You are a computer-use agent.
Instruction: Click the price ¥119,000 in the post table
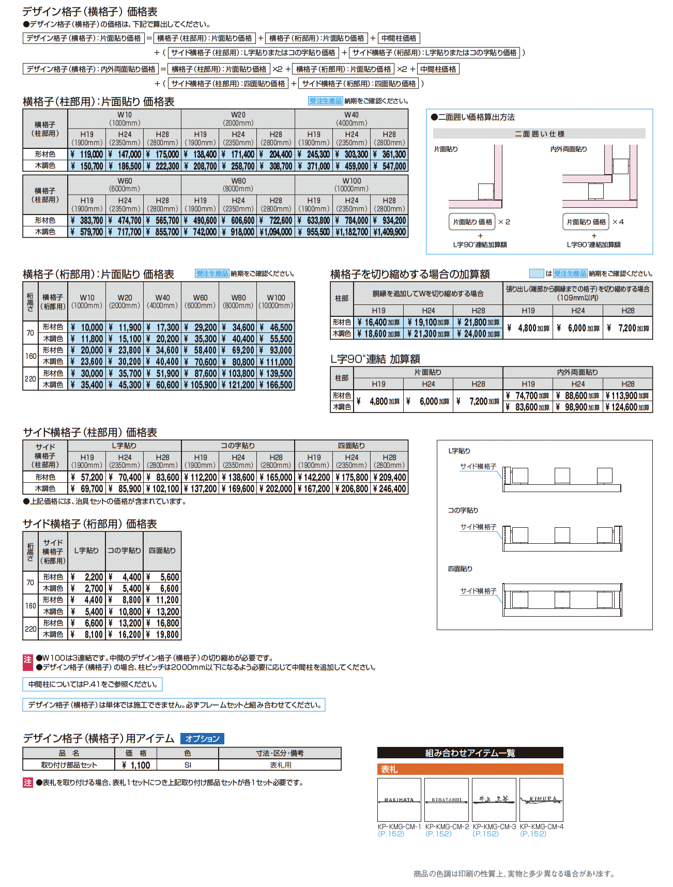coord(87,155)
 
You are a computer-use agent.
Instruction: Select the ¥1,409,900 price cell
coord(389,232)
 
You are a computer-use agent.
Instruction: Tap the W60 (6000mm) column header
coord(125,185)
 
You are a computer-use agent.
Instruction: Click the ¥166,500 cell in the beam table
coord(276,385)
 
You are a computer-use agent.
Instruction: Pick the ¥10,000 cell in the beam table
coord(87,328)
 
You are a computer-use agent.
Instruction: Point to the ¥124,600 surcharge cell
coord(628,407)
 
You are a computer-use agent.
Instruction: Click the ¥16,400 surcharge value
coord(379,323)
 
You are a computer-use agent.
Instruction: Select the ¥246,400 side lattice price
coord(389,488)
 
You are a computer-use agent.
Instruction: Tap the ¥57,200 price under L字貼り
coord(87,478)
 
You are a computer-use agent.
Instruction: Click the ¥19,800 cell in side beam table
coord(162,635)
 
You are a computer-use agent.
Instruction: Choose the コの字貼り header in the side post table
coord(238,446)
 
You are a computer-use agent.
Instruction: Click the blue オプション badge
coord(202,739)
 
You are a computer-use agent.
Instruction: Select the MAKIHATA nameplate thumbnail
coord(399,799)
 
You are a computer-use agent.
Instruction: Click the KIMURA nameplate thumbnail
coord(541,799)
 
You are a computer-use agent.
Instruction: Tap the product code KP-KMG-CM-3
coord(494,827)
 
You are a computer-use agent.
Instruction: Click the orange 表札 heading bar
coord(470,769)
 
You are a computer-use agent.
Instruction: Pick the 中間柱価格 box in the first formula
coord(399,38)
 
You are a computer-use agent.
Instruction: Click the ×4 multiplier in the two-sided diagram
coord(618,222)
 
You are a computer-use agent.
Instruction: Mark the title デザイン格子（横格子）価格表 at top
coord(90,11)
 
